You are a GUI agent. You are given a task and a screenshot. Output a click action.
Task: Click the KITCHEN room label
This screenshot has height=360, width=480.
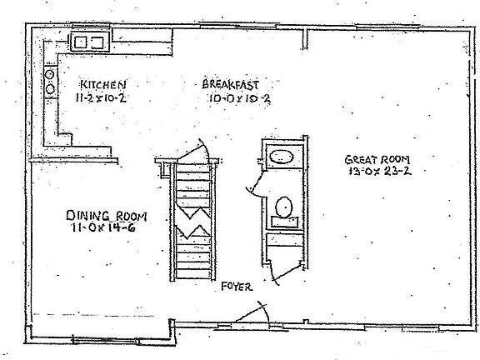point(103,84)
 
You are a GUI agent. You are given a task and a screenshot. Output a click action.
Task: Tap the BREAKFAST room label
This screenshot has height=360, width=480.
point(231,84)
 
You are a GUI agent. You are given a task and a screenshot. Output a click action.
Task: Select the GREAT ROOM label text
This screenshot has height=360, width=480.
point(377,159)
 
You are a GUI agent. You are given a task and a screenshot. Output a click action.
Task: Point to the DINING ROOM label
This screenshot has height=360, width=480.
point(107,216)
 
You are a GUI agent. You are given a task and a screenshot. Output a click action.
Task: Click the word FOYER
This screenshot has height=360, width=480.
point(237,287)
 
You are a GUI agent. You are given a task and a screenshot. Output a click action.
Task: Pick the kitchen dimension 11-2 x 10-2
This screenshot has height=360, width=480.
point(102,97)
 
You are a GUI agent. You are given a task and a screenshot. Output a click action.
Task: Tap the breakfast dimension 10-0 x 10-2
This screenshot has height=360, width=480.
point(239,98)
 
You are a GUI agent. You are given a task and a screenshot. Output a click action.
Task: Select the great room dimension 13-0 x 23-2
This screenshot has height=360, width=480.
point(380,171)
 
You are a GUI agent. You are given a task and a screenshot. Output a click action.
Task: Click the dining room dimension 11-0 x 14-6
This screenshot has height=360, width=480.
point(104,227)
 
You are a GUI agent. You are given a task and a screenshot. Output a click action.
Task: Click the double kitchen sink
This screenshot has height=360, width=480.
point(90,42)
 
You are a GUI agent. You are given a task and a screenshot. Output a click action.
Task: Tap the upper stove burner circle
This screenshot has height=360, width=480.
point(50,74)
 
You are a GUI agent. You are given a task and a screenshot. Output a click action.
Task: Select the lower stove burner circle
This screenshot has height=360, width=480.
point(50,89)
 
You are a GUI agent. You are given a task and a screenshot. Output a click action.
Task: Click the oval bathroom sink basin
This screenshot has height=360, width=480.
point(282,157)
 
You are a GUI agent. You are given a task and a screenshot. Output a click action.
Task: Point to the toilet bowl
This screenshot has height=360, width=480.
point(284,207)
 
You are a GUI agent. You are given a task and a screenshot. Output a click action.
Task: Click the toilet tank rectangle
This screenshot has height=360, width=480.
point(285,222)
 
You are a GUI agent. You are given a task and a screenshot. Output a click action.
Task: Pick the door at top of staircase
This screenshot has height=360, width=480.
point(196,150)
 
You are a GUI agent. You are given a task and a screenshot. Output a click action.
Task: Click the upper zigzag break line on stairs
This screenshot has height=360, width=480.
point(193,211)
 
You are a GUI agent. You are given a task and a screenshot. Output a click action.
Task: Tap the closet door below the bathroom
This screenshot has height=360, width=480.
point(286,273)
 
